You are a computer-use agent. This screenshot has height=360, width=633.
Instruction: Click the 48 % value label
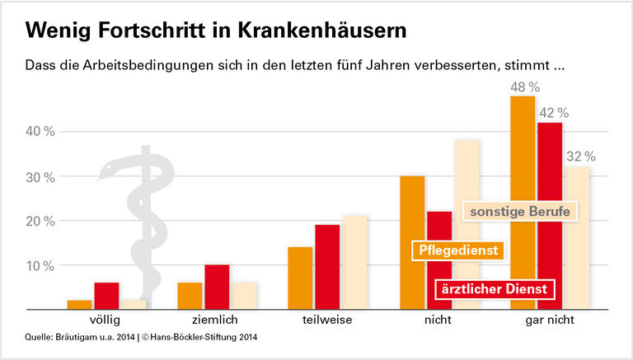523,86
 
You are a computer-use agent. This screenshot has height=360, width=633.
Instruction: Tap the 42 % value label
552,113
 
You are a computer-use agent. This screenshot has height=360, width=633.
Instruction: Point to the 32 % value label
579,157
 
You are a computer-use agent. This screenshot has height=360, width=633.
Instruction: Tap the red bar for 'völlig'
106,295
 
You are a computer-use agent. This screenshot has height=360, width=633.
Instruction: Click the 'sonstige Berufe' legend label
519,211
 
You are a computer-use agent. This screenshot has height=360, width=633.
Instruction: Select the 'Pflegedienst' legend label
457,250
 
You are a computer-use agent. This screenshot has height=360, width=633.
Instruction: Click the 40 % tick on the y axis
40,132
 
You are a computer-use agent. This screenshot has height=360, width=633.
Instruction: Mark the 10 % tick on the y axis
40,266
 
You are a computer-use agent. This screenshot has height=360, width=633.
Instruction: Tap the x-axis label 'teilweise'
326,319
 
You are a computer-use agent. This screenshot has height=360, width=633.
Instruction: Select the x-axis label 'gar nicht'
550,319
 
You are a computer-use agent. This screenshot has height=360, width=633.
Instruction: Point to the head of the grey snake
110,171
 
